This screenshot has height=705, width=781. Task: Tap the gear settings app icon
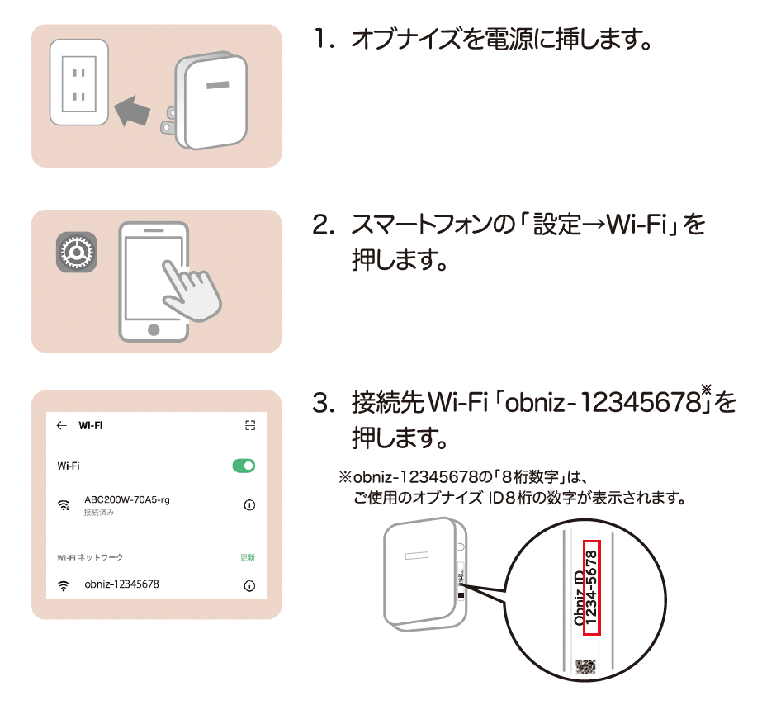click(x=77, y=252)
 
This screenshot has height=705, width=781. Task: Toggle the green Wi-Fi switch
click(x=244, y=466)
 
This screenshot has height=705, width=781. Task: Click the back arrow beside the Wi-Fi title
click(x=61, y=426)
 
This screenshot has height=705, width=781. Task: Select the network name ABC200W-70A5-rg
click(x=126, y=500)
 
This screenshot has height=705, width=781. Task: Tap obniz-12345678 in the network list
click(x=121, y=584)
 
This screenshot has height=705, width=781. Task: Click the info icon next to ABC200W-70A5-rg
click(x=249, y=505)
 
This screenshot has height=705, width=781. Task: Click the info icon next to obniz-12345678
click(x=249, y=585)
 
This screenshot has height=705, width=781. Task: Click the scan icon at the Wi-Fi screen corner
click(x=250, y=426)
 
